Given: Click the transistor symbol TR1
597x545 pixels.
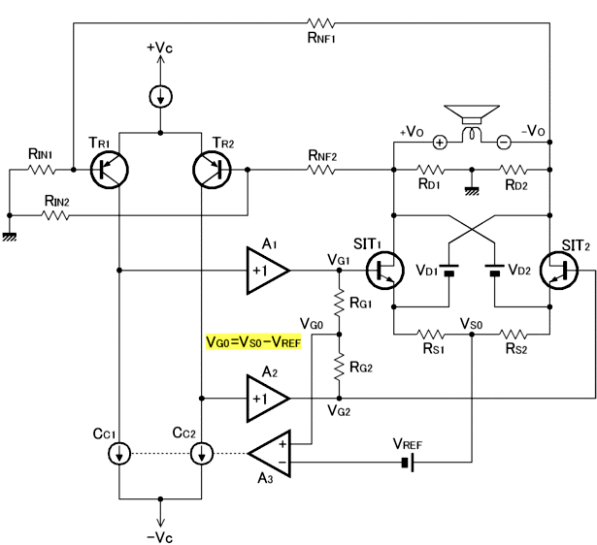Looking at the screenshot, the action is [x=110, y=170].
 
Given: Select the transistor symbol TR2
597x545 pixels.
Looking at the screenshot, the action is [x=212, y=170].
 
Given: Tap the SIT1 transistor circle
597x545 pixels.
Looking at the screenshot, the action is [x=385, y=271].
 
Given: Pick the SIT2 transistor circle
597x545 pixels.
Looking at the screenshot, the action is [x=559, y=271].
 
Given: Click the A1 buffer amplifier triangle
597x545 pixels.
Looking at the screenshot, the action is [x=268, y=271].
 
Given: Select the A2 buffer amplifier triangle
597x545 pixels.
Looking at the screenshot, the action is [x=268, y=399].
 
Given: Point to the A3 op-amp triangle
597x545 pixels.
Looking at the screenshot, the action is [x=270, y=453].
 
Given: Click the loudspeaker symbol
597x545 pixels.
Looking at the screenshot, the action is [x=472, y=122].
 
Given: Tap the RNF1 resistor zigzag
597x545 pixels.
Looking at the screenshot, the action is [x=321, y=23].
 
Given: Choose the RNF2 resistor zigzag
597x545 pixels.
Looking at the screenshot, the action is [x=321, y=170].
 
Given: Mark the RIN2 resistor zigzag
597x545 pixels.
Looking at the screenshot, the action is [x=55, y=215].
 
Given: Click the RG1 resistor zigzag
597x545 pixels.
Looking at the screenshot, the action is [x=339, y=303].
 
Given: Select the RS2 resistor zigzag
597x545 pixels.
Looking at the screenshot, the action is [x=514, y=335].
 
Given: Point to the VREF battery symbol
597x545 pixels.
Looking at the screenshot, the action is [x=408, y=463].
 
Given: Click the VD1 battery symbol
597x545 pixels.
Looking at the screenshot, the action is [x=449, y=270].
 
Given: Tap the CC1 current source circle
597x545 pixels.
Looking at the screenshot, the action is [x=119, y=453].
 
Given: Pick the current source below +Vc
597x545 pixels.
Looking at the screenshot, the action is [x=161, y=97].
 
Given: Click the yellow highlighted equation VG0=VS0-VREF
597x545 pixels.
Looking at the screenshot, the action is [x=253, y=342].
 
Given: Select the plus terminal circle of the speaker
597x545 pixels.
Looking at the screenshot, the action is [x=440, y=143].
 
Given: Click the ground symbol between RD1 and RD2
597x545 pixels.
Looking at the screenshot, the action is [x=472, y=191].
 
